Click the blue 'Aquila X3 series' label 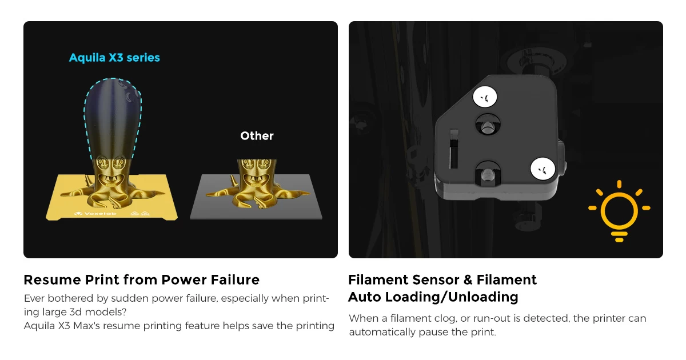click(114, 58)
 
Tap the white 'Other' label click(257, 135)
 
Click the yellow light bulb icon click(619, 211)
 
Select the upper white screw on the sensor click(485, 97)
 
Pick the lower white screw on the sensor click(543, 169)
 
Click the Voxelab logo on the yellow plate click(95, 213)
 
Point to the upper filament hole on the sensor click(488, 125)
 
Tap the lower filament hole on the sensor click(488, 173)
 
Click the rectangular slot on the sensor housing click(453, 149)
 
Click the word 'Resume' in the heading click(53, 280)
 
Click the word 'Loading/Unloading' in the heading click(452, 297)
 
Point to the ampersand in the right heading click(468, 280)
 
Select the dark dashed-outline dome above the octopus click(113, 119)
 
